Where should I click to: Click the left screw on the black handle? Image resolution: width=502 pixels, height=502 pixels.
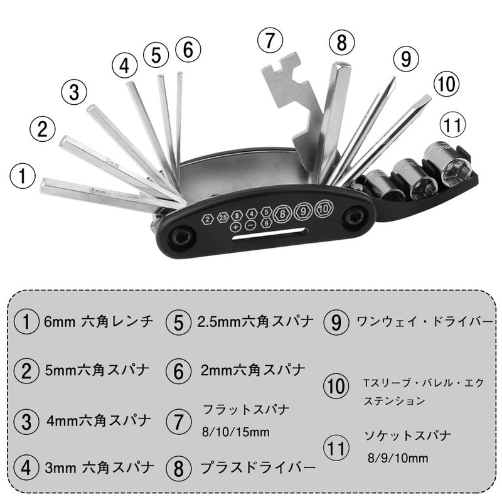[183, 237]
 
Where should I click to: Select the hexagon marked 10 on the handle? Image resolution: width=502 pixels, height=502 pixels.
[323, 209]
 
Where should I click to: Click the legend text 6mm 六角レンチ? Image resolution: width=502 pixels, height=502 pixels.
[99, 323]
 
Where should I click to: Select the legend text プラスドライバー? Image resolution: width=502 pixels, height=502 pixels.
[258, 468]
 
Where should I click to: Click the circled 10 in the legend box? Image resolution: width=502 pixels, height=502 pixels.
[337, 387]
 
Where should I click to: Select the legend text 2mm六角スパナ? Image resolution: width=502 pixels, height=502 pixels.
[254, 370]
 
